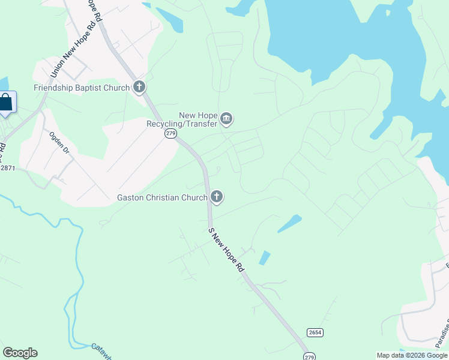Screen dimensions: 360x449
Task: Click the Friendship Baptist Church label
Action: pos(82,88)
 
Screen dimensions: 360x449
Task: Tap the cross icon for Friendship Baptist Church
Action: pos(139,88)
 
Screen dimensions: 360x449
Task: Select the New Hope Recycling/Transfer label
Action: pos(181,119)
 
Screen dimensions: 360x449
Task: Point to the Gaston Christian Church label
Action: pos(162,197)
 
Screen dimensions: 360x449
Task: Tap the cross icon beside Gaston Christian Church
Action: pos(217,197)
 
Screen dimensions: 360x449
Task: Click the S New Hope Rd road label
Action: pos(226,249)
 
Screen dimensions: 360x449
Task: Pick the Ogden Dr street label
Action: pos(60,142)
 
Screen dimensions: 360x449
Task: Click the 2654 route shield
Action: pos(314,332)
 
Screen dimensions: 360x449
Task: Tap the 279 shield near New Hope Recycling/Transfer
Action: pos(170,134)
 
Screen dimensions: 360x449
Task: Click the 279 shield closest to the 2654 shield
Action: pos(309,356)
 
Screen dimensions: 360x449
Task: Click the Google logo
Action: pos(20,353)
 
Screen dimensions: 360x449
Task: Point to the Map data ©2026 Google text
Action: pos(411,355)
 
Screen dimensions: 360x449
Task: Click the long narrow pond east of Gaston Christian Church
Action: pos(289,223)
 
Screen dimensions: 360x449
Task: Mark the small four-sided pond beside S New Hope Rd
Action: pos(264,257)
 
